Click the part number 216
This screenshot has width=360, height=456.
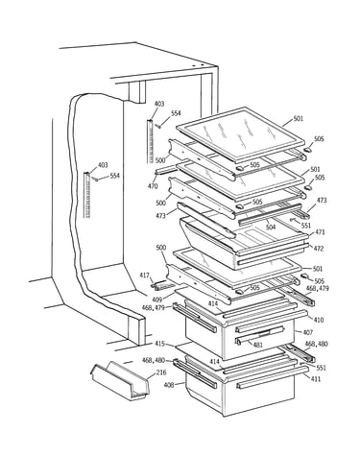161,373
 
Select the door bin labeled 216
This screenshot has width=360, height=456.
121,381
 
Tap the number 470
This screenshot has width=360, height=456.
153,186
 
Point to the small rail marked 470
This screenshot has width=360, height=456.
166,170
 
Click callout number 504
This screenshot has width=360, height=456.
271,228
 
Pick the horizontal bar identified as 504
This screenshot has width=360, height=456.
271,213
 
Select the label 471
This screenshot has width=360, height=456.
320,232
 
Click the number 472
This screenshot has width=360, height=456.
319,249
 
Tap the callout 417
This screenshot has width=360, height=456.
145,275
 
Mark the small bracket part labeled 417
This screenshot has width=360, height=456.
162,285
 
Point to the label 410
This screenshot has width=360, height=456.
318,320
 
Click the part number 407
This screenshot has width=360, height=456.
307,332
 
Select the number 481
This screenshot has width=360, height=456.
257,345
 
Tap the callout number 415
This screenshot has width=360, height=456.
159,344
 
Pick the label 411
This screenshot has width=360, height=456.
315,379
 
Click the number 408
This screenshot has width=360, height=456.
169,385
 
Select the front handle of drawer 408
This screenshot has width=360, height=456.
273,377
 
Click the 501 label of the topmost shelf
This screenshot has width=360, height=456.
298,119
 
